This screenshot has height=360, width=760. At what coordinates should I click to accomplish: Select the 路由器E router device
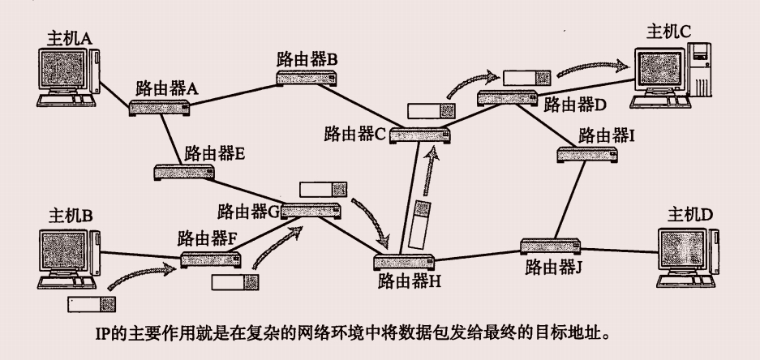pos(184,171)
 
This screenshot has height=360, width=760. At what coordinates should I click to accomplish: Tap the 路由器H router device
pos(403,262)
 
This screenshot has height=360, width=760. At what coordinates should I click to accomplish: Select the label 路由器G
pos(248,212)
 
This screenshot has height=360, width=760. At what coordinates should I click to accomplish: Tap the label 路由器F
pos(207,239)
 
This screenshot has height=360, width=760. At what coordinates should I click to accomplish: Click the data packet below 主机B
pos(92,306)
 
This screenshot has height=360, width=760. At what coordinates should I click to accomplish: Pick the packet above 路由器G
pos(318,190)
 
